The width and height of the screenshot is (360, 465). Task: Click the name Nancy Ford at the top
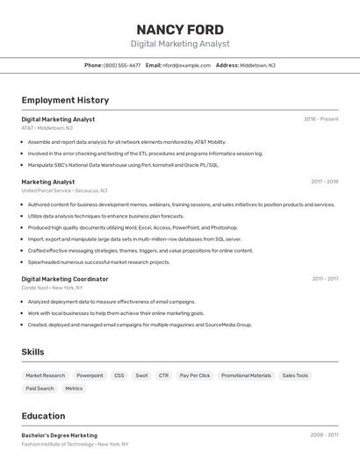180,29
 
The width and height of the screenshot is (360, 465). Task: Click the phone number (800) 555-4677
122,65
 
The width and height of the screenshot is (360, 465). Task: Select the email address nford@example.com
186,65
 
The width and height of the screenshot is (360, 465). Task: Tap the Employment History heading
65,100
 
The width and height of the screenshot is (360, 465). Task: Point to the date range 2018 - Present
320,119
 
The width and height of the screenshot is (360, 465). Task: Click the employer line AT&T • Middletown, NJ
47,128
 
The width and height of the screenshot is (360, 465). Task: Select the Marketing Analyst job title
48,182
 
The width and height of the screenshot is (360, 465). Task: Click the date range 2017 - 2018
324,182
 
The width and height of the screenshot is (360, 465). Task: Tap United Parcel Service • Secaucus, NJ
64,190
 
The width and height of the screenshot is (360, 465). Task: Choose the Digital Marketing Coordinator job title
65,279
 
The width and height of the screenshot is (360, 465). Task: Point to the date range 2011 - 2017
324,279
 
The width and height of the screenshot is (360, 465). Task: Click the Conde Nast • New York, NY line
52,288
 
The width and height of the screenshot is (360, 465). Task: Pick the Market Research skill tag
45,376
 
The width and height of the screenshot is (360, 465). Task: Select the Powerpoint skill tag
90,376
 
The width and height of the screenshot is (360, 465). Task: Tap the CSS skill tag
119,376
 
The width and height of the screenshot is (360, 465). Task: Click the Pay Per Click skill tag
195,376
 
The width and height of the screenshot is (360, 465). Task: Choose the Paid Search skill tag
40,388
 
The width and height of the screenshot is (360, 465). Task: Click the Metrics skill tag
74,388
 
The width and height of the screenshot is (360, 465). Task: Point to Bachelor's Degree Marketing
60,435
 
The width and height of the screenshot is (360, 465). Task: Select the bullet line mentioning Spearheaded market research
98,261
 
